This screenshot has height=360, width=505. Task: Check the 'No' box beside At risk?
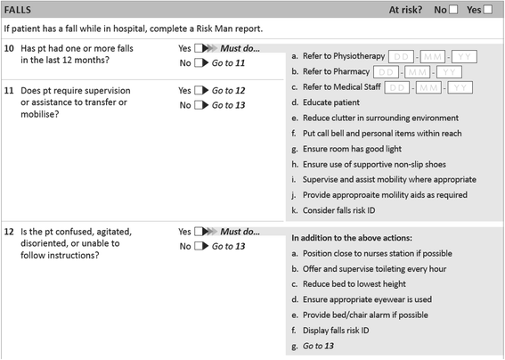(452, 10)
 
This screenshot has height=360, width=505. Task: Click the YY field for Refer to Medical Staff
(461, 87)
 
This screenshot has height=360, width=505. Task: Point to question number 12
(10, 232)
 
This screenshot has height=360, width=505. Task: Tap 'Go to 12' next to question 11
(230, 91)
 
